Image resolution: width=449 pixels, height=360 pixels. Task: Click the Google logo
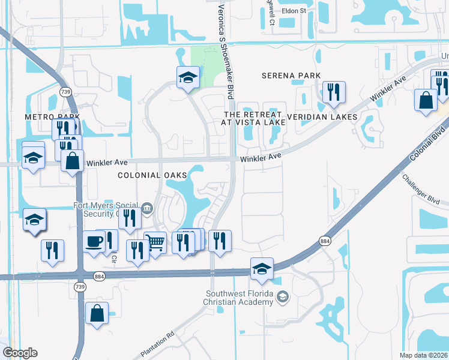click(x=20, y=353)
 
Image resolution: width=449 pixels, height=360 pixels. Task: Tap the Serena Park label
click(x=291, y=76)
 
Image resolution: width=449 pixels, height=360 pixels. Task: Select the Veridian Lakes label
click(x=322, y=116)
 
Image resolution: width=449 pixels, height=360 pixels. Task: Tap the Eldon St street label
click(x=294, y=11)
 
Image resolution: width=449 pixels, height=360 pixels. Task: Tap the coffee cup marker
click(x=94, y=242)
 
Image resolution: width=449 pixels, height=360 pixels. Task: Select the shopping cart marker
click(x=155, y=243)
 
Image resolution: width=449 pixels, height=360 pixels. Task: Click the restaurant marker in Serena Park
click(x=331, y=92)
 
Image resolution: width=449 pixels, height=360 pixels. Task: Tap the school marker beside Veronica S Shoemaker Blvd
click(x=188, y=77)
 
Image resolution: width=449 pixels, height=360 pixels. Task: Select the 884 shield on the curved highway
click(x=325, y=241)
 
